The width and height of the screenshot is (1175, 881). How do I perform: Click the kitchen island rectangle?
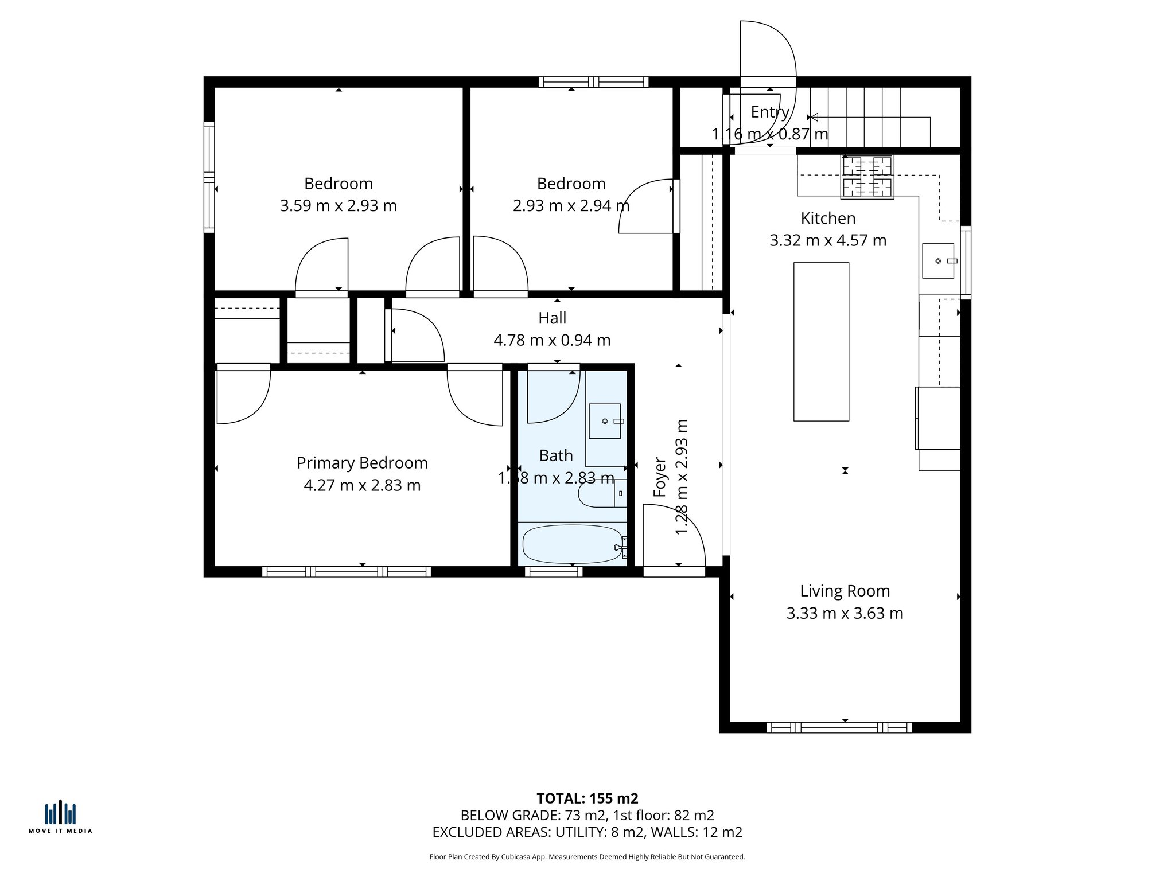coord(821,342)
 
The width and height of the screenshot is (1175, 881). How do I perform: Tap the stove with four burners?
coord(867,177)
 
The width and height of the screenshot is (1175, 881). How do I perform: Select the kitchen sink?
coord(938,261)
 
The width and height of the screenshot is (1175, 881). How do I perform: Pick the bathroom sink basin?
coord(605,421)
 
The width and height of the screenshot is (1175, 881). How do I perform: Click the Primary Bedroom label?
coord(362,463)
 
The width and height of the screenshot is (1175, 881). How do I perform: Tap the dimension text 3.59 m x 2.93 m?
coord(339,205)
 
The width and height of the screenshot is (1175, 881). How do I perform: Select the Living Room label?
coord(845,591)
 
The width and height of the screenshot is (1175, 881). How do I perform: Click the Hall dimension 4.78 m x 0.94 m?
coord(552,340)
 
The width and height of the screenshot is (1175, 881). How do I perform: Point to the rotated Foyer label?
coord(660,477)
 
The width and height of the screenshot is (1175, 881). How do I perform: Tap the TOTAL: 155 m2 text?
coord(587,798)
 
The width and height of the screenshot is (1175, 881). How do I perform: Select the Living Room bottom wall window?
coord(839,727)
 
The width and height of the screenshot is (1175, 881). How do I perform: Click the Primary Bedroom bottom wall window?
coord(347,571)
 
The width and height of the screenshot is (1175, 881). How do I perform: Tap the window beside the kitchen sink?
coord(966,262)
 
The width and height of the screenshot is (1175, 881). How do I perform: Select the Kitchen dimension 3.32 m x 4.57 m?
coord(828,240)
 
